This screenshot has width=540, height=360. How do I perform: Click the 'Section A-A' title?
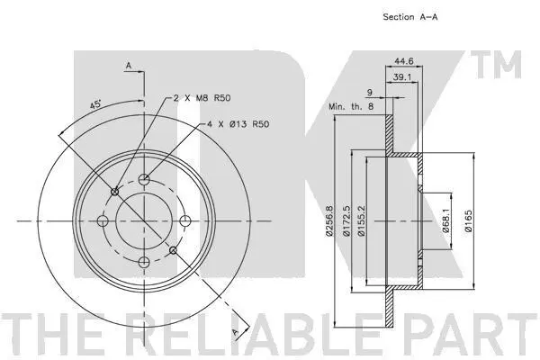(410, 17)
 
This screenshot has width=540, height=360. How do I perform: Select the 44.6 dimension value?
(403, 61)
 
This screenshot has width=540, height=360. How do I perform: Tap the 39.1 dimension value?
(402, 77)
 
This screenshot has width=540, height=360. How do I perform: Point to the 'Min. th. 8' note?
(351, 106)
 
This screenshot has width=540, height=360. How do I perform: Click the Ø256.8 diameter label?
(329, 220)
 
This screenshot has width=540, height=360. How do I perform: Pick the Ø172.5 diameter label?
(346, 220)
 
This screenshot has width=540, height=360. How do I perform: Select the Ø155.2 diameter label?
(361, 220)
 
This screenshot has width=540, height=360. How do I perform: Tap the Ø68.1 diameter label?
(446, 220)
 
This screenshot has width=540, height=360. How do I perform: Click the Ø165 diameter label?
(468, 220)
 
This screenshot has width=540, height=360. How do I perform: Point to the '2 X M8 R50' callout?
(202, 98)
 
